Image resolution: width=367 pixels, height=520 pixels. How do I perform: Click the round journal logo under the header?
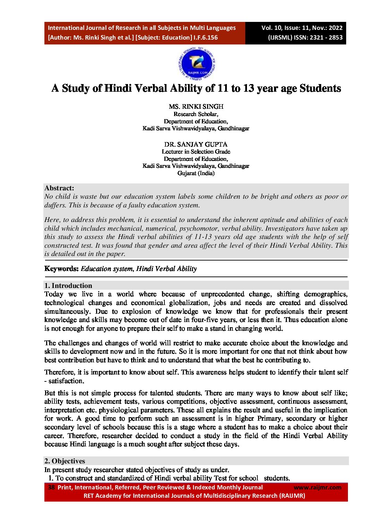pos(196,64)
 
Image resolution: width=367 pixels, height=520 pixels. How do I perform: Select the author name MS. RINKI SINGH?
pos(196,107)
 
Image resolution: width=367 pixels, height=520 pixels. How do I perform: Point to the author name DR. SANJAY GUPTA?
pos(196,144)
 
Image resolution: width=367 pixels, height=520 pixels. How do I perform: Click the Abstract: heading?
pos(59,188)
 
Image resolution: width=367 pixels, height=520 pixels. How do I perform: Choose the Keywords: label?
pos(61,269)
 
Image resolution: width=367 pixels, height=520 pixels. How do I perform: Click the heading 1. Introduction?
pos(68,286)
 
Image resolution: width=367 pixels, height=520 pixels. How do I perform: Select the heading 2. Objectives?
pos(65,461)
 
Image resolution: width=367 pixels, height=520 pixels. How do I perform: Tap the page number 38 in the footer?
pos(51,487)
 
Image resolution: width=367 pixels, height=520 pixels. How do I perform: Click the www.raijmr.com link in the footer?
pos(317,487)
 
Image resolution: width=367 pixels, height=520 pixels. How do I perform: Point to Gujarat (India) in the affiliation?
pos(196,173)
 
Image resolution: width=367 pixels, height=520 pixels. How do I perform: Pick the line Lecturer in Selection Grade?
pos(196,151)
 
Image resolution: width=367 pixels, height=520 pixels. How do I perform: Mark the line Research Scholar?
pos(196,114)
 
